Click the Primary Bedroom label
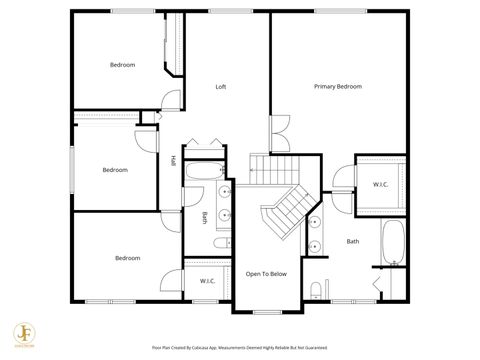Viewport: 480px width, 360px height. tap(337, 87)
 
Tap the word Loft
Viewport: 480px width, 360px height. tap(221, 87)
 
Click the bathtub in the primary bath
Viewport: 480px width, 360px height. tap(393, 243)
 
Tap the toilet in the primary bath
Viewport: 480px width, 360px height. tap(317, 291)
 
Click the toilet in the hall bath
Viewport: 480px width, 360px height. tap(222, 242)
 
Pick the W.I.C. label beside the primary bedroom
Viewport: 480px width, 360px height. tap(380, 184)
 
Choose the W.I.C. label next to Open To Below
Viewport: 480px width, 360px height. tap(207, 281)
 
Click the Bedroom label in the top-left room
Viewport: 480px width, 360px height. tap(122, 65)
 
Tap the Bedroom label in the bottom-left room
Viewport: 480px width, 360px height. tap(127, 258)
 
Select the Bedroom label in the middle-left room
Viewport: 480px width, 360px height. tap(115, 170)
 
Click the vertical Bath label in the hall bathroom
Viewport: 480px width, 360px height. tap(205, 218)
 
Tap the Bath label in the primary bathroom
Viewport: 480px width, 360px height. tap(353, 241)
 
